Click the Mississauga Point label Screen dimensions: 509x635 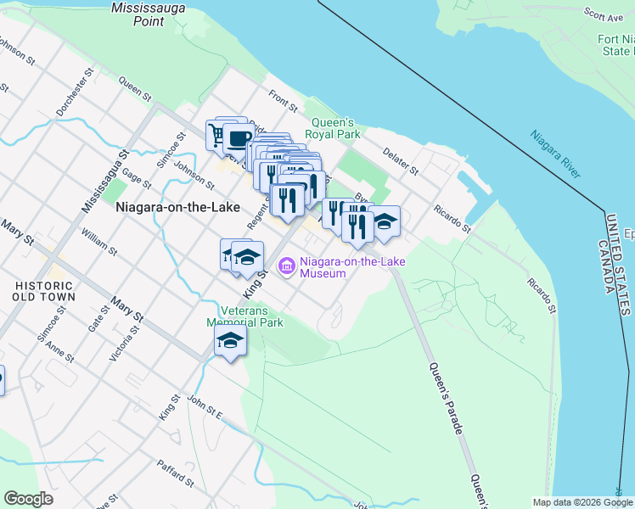[x=137, y=14]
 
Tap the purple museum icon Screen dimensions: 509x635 [x=287, y=267]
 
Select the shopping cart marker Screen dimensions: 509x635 [x=216, y=136]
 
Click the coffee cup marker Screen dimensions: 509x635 [x=239, y=138]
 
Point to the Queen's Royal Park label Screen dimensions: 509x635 [x=335, y=128]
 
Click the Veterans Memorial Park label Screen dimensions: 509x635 [x=243, y=316]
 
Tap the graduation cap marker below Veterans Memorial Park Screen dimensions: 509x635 [x=230, y=342]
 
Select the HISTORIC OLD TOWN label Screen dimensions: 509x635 [x=44, y=291]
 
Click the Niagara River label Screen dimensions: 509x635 [x=555, y=154]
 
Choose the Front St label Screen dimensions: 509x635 [x=284, y=103]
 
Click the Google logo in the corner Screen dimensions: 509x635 [x=28, y=499]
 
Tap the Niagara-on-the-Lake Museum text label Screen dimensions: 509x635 [x=351, y=267]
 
